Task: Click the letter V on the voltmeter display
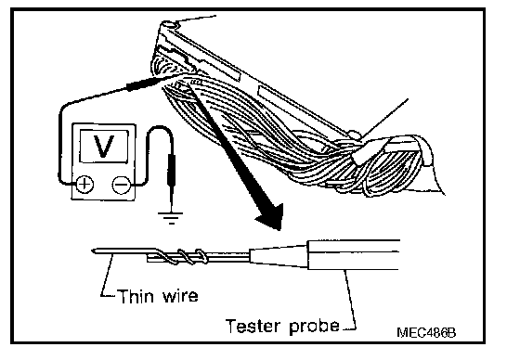click(x=104, y=146)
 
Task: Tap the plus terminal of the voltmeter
click(x=84, y=184)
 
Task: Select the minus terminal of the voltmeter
click(x=122, y=184)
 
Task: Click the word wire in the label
click(x=180, y=296)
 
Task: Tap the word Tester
click(x=253, y=326)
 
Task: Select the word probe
click(x=315, y=327)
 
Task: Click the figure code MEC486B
click(x=426, y=332)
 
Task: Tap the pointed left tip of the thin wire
click(x=92, y=251)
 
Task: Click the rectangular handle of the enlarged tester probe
click(x=354, y=255)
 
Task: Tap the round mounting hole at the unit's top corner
click(x=168, y=25)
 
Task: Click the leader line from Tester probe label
click(x=350, y=300)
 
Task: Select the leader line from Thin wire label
click(x=107, y=275)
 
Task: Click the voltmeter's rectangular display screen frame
click(x=104, y=147)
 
